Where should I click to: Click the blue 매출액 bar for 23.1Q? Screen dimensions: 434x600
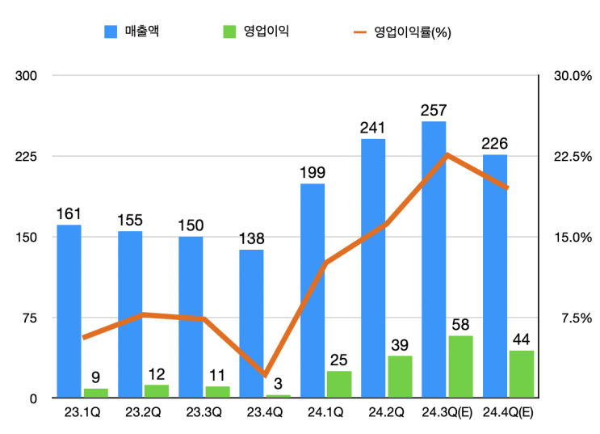click(69, 311)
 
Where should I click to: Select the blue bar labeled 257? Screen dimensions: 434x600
click(434, 259)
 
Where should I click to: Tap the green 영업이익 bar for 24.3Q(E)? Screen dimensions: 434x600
click(460, 367)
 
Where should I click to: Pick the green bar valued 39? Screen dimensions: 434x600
click(400, 377)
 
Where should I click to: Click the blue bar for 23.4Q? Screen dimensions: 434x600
click(251, 323)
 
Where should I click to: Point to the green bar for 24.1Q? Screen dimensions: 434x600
click(339, 384)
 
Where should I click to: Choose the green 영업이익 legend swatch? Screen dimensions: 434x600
click(229, 32)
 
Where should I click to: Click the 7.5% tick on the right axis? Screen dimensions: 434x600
click(576, 318)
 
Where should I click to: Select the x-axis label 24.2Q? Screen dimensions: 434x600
click(388, 412)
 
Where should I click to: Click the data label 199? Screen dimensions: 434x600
click(313, 172)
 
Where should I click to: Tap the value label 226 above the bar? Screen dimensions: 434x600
click(494, 143)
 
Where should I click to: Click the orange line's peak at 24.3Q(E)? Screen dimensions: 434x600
click(447, 154)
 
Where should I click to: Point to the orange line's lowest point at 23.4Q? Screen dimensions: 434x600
click(264, 375)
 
